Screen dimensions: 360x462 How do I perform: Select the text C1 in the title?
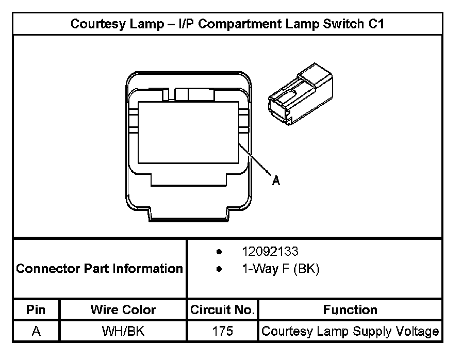(x=376, y=24)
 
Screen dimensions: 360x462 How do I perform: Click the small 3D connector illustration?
(x=300, y=94)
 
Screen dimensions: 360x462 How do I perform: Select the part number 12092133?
(x=270, y=252)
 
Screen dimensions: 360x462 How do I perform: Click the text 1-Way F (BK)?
(x=280, y=269)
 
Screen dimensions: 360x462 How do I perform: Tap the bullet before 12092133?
(x=220, y=252)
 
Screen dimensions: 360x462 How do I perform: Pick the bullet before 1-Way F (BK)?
(x=220, y=269)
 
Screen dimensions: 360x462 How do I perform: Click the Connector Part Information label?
(x=100, y=269)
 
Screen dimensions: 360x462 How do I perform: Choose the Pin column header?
(x=36, y=310)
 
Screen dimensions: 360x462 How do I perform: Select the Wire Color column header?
(x=123, y=310)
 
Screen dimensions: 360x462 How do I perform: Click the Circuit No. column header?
(x=222, y=310)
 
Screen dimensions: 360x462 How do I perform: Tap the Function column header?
(x=350, y=310)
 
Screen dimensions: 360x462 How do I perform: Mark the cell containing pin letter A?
(x=36, y=331)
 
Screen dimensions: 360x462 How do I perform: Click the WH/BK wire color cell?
(x=123, y=331)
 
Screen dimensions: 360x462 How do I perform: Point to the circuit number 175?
(x=222, y=331)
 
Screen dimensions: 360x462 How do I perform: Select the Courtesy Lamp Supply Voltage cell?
(x=350, y=331)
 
